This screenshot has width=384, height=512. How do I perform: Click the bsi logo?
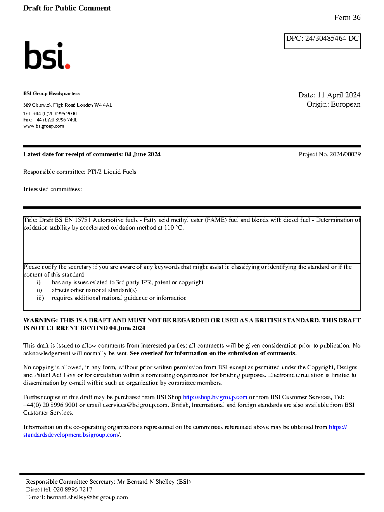point(47,55)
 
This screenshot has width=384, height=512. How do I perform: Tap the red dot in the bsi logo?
point(67,66)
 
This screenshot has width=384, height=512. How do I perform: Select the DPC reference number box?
point(322,41)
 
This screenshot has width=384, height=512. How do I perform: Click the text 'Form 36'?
point(347,17)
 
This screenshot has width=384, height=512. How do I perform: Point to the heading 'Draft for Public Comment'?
point(67,8)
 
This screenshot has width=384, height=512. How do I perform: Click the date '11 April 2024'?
point(339,95)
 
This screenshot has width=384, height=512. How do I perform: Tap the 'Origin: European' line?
point(333,104)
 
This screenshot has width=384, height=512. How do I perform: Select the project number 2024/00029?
point(345,154)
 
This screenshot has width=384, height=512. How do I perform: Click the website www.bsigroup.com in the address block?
point(43,126)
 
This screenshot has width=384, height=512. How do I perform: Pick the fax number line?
point(50,120)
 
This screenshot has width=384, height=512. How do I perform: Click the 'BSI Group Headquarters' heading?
point(51,93)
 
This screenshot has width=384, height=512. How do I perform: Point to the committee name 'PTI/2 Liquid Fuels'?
point(112,172)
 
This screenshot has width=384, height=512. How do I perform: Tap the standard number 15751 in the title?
point(83,220)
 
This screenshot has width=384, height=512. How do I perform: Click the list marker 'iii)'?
point(40,298)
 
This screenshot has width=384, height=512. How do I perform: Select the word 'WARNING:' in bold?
point(40,320)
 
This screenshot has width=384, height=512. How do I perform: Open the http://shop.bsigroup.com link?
point(215,397)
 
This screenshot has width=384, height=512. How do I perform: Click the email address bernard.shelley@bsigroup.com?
point(87,497)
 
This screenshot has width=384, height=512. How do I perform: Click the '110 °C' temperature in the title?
point(173,228)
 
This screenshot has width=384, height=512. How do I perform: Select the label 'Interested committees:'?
point(52,189)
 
